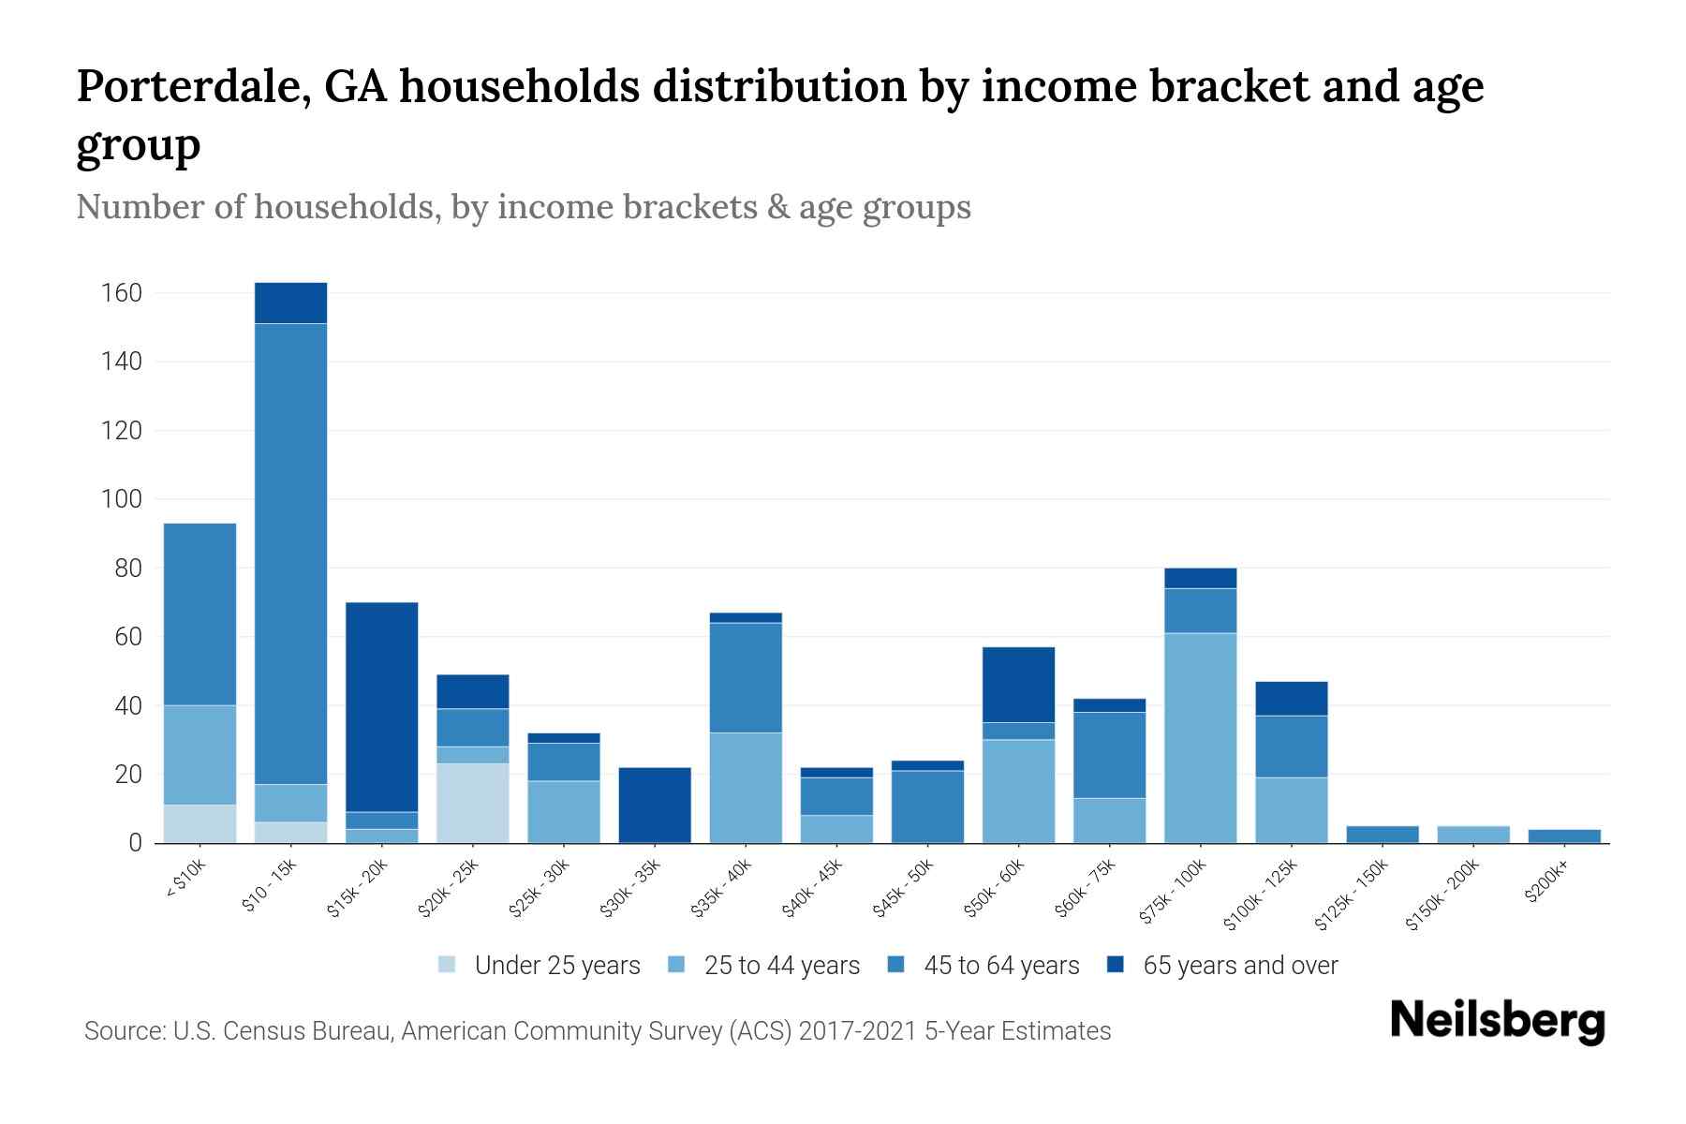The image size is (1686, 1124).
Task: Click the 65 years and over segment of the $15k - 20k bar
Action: tap(381, 706)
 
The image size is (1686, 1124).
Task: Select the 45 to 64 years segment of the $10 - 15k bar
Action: tap(290, 553)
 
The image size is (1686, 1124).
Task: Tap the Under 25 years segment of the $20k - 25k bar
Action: tap(472, 803)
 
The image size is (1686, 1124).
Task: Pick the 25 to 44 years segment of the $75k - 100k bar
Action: tap(1200, 737)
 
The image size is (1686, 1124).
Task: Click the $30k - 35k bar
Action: tap(655, 805)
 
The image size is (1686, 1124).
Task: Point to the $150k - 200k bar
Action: tap(1472, 834)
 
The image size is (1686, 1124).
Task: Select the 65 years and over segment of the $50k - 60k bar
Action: tap(1018, 684)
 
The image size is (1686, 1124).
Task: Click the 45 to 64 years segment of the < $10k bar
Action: tap(200, 614)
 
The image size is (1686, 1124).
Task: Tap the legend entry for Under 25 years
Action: tap(539, 965)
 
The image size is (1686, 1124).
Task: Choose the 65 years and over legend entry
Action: tap(1222, 965)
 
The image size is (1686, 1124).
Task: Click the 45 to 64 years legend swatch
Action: tap(896, 965)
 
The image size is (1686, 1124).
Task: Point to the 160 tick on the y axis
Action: tap(121, 293)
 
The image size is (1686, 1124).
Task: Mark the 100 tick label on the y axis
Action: tap(121, 499)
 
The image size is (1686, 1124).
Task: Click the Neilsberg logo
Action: tap(1497, 1020)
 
